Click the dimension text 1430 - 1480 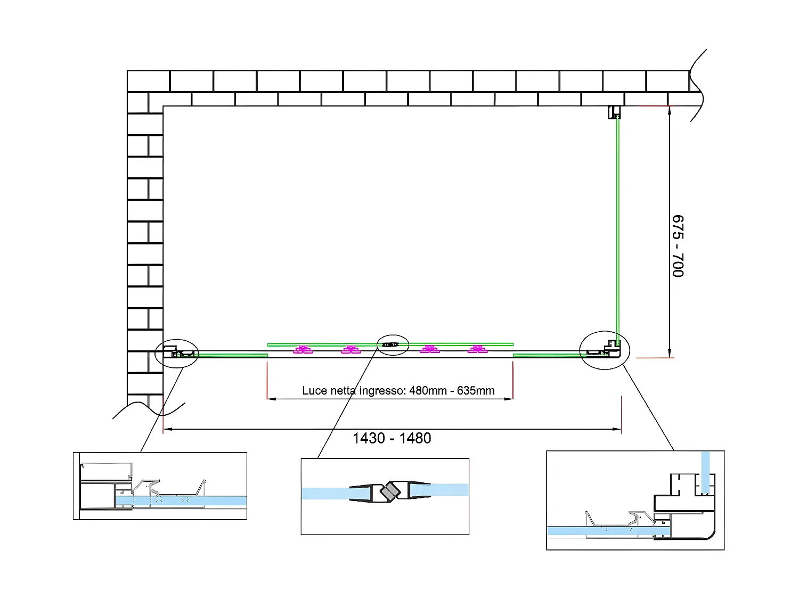point(392,438)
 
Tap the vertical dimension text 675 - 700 point(678,246)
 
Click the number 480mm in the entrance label point(428,391)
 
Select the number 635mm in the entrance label point(476,391)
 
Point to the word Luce point(314,391)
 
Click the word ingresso point(382,391)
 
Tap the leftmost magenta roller point(303,350)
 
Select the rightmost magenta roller point(478,350)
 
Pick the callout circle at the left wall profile point(176,353)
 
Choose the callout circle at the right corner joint point(605,350)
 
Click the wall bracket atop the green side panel point(615,112)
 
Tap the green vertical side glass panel point(618,229)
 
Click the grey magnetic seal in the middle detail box point(392,490)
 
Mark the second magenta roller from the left point(351,350)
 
